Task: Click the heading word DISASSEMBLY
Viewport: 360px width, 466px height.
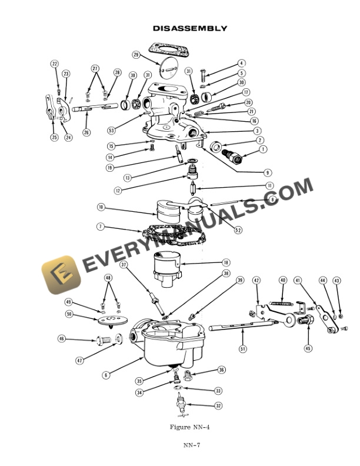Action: (x=190, y=28)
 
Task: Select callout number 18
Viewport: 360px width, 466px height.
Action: (x=226, y=262)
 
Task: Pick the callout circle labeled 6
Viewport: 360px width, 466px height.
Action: (x=106, y=374)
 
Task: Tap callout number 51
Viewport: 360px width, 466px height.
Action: (x=242, y=348)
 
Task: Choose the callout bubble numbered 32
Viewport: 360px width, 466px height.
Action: (x=218, y=405)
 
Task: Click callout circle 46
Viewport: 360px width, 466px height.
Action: (x=62, y=339)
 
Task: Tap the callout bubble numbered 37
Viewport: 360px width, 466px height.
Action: (x=124, y=265)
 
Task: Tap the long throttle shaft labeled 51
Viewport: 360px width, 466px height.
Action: (x=235, y=325)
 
